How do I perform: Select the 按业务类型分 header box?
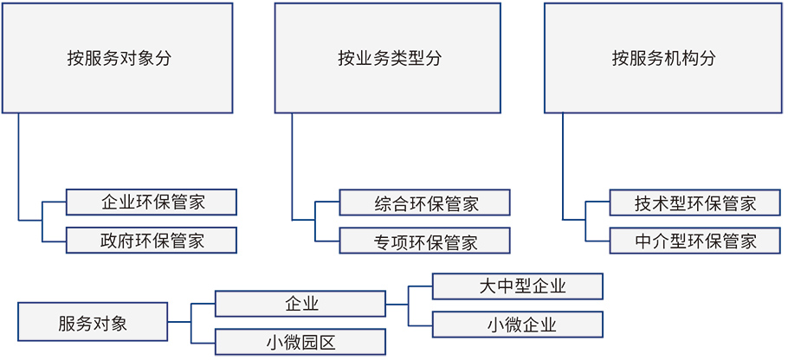click(x=388, y=58)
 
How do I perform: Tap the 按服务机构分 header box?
click(x=663, y=58)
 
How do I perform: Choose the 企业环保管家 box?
click(x=152, y=202)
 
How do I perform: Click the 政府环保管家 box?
click(x=152, y=240)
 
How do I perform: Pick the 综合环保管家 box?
click(x=424, y=202)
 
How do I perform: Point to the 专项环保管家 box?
click(x=424, y=240)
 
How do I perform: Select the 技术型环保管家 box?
click(x=695, y=202)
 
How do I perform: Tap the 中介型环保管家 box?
click(x=695, y=240)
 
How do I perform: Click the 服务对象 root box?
click(x=93, y=321)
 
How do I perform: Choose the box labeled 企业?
click(x=300, y=303)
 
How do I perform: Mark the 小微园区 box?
click(x=300, y=342)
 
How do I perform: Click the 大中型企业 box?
click(x=518, y=286)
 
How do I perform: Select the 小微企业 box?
click(x=518, y=325)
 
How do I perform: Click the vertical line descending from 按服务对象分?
click(x=18, y=167)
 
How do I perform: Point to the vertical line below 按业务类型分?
click(x=292, y=167)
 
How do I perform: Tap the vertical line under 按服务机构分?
click(x=562, y=167)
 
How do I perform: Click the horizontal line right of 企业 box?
click(x=397, y=305)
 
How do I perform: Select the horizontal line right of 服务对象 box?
click(x=179, y=322)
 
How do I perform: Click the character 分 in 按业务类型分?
click(x=433, y=58)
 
